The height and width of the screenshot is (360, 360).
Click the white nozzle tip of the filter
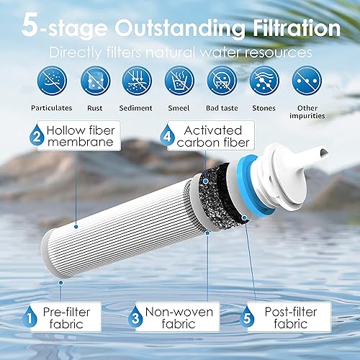tap(321, 150)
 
